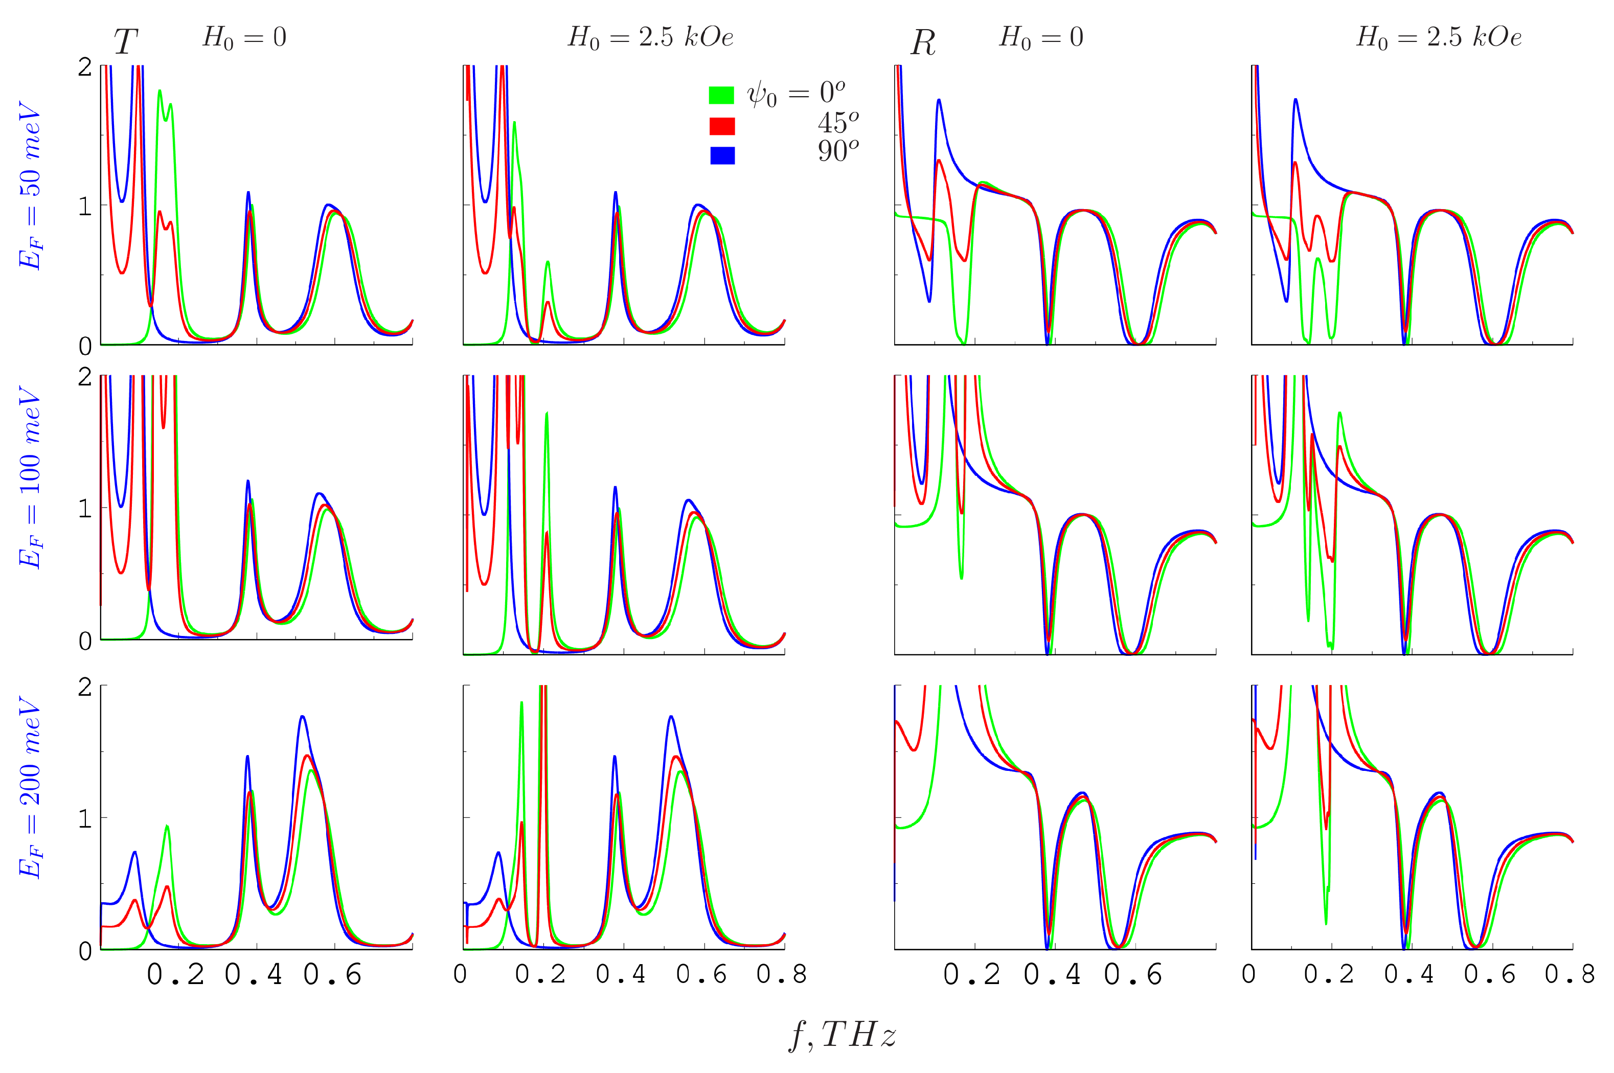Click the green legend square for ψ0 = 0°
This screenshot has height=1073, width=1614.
pyautogui.click(x=721, y=95)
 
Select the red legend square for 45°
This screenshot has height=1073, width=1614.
pyautogui.click(x=722, y=126)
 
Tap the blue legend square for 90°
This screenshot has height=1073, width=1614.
pyautogui.click(x=722, y=155)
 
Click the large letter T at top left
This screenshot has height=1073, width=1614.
pyautogui.click(x=125, y=42)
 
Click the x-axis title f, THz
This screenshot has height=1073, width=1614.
pyautogui.click(x=842, y=1035)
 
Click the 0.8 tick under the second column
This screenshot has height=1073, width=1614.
pyautogui.click(x=781, y=974)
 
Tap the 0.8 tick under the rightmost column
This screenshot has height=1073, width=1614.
pyautogui.click(x=1569, y=974)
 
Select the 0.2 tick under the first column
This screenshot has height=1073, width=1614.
pyautogui.click(x=176, y=974)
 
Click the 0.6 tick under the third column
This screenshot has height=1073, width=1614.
pyautogui.click(x=1132, y=974)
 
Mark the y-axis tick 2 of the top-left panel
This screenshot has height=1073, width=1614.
pyautogui.click(x=85, y=67)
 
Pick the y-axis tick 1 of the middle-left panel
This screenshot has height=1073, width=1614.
pyautogui.click(x=85, y=509)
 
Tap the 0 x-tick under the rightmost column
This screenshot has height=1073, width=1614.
pyautogui.click(x=1248, y=974)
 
